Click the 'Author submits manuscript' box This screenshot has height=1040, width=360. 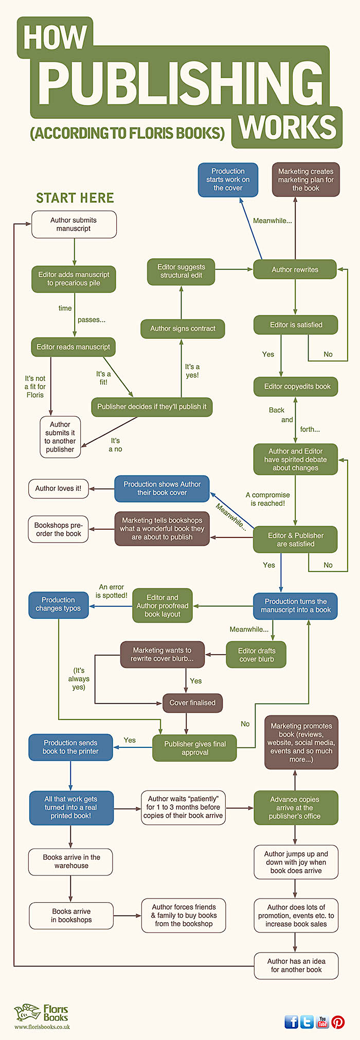point(74,224)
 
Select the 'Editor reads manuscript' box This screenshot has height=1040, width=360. point(74,347)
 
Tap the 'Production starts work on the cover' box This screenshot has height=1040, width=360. point(228,180)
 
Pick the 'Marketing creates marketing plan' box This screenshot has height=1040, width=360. point(305,180)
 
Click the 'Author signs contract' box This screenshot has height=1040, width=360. point(183,329)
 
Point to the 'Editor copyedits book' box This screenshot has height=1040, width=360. point(296,386)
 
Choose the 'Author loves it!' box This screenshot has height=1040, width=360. point(58,488)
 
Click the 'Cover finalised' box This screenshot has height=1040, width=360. point(192,703)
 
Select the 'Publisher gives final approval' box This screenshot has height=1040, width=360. point(194,748)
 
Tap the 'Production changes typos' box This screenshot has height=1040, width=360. point(58,604)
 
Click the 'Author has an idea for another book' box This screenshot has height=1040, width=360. point(296,965)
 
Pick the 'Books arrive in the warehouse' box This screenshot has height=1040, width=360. point(71,862)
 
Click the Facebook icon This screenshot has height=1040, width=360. point(292,1021)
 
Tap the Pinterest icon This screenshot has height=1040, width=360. point(338,1021)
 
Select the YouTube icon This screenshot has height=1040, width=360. point(322,1021)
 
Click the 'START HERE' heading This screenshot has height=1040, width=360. point(75,198)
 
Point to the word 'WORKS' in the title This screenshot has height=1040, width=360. point(287,127)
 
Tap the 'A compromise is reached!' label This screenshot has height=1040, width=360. point(268,499)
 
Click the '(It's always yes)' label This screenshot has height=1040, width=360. point(79,678)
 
